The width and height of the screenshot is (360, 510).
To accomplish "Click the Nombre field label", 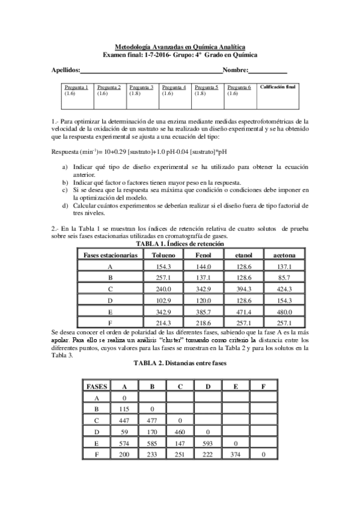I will click(x=235, y=70).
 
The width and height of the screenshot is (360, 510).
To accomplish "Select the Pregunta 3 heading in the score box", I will click(x=141, y=87).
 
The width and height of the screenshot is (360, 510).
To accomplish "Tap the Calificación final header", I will click(x=278, y=87).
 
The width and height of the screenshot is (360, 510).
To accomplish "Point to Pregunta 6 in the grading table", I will click(x=239, y=87).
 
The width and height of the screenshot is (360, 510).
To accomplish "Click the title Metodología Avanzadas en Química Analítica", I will click(x=180, y=47).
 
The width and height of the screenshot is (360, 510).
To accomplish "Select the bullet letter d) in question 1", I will click(x=66, y=206).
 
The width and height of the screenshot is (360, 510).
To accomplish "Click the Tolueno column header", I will click(x=164, y=255).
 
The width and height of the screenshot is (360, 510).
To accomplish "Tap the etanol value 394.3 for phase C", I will click(x=243, y=289).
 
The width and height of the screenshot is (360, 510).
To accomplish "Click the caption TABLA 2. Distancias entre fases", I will click(x=180, y=364).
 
